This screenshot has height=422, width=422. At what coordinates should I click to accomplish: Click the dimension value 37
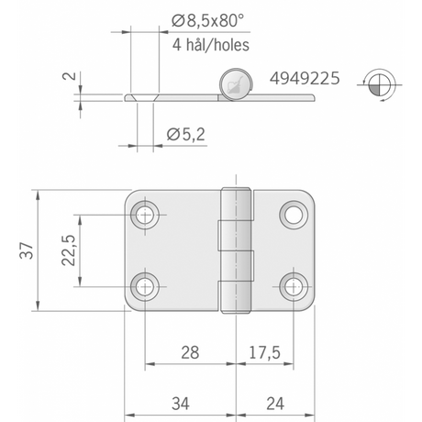pos(27,250)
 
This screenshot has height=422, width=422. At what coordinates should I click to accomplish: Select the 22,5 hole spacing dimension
pos(69,250)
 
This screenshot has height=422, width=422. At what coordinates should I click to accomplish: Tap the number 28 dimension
pos(190,352)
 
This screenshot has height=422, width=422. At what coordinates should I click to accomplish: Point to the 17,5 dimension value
pos(264,352)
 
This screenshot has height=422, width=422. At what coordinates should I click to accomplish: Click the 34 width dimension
pos(181,404)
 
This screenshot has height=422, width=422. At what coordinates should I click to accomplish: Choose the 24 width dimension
pos(275,404)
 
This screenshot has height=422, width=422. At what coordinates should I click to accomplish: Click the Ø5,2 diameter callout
pos(185,135)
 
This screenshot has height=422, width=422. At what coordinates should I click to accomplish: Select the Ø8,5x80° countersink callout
pos(208,21)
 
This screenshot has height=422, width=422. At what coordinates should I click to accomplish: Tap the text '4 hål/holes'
pos(211,45)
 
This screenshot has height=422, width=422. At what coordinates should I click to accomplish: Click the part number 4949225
pos(305,78)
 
